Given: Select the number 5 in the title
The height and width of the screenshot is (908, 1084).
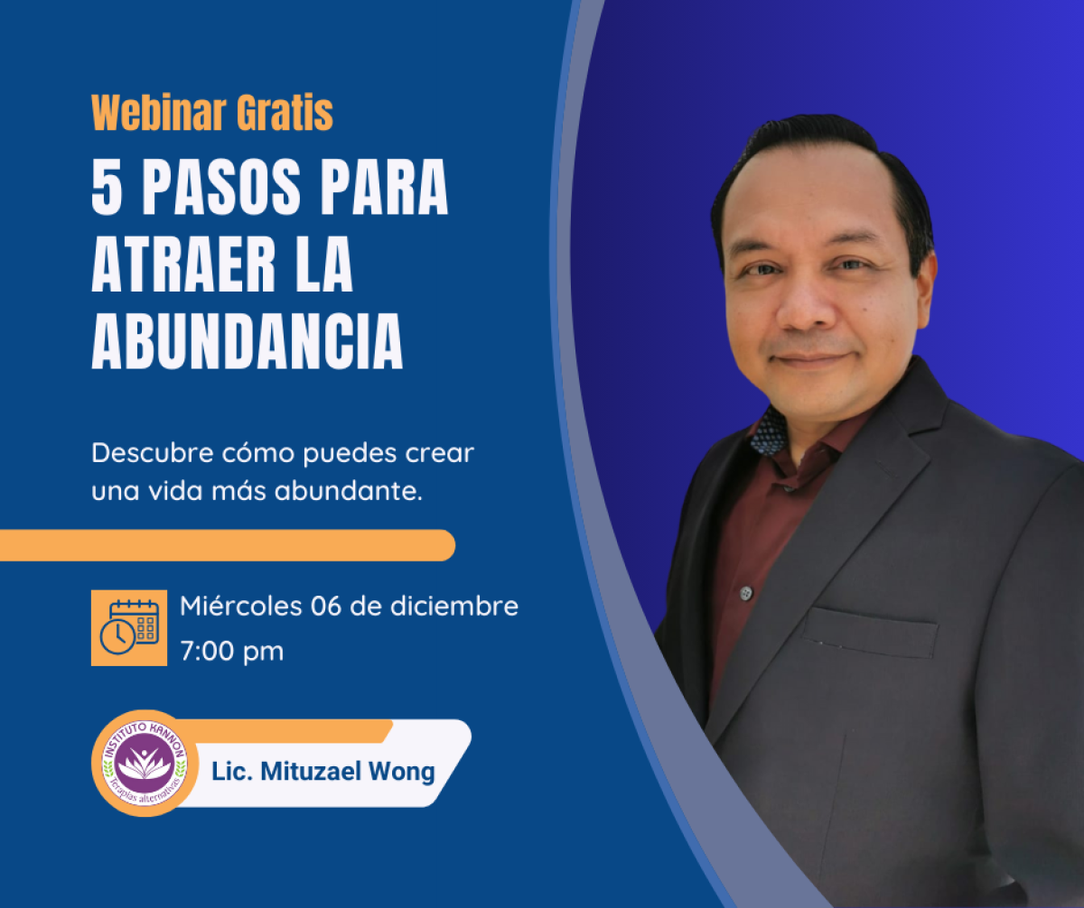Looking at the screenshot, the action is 107,187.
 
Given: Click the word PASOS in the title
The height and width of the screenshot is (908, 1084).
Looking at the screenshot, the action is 221,187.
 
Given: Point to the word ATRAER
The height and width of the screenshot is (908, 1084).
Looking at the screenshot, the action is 183,264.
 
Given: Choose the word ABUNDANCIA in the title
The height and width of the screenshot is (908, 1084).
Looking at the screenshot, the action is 248,341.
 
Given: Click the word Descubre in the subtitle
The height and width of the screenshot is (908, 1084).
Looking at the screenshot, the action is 153,452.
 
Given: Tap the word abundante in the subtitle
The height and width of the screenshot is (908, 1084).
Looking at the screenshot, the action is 349,490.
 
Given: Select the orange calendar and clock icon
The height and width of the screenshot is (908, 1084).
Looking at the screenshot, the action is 129,628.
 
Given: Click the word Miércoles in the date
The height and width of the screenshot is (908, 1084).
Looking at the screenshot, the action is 241,606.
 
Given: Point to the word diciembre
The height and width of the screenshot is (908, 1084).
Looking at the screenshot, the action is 454,606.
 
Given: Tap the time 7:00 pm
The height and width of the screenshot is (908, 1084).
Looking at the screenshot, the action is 231,651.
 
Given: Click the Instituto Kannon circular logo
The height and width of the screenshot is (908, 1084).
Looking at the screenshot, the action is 145,764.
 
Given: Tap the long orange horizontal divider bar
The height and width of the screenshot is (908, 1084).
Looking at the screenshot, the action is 228,545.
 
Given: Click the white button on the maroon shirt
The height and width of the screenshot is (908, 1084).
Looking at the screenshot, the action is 746,593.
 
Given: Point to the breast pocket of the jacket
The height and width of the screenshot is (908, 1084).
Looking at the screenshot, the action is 870,633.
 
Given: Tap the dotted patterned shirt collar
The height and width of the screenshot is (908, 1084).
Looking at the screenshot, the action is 768,431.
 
